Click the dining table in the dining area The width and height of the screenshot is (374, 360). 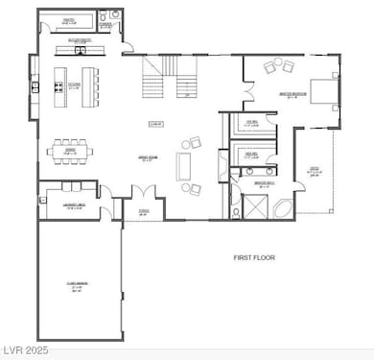point(70,152)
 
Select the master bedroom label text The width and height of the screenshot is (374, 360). point(292,94)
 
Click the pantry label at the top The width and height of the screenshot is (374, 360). point(69,18)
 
